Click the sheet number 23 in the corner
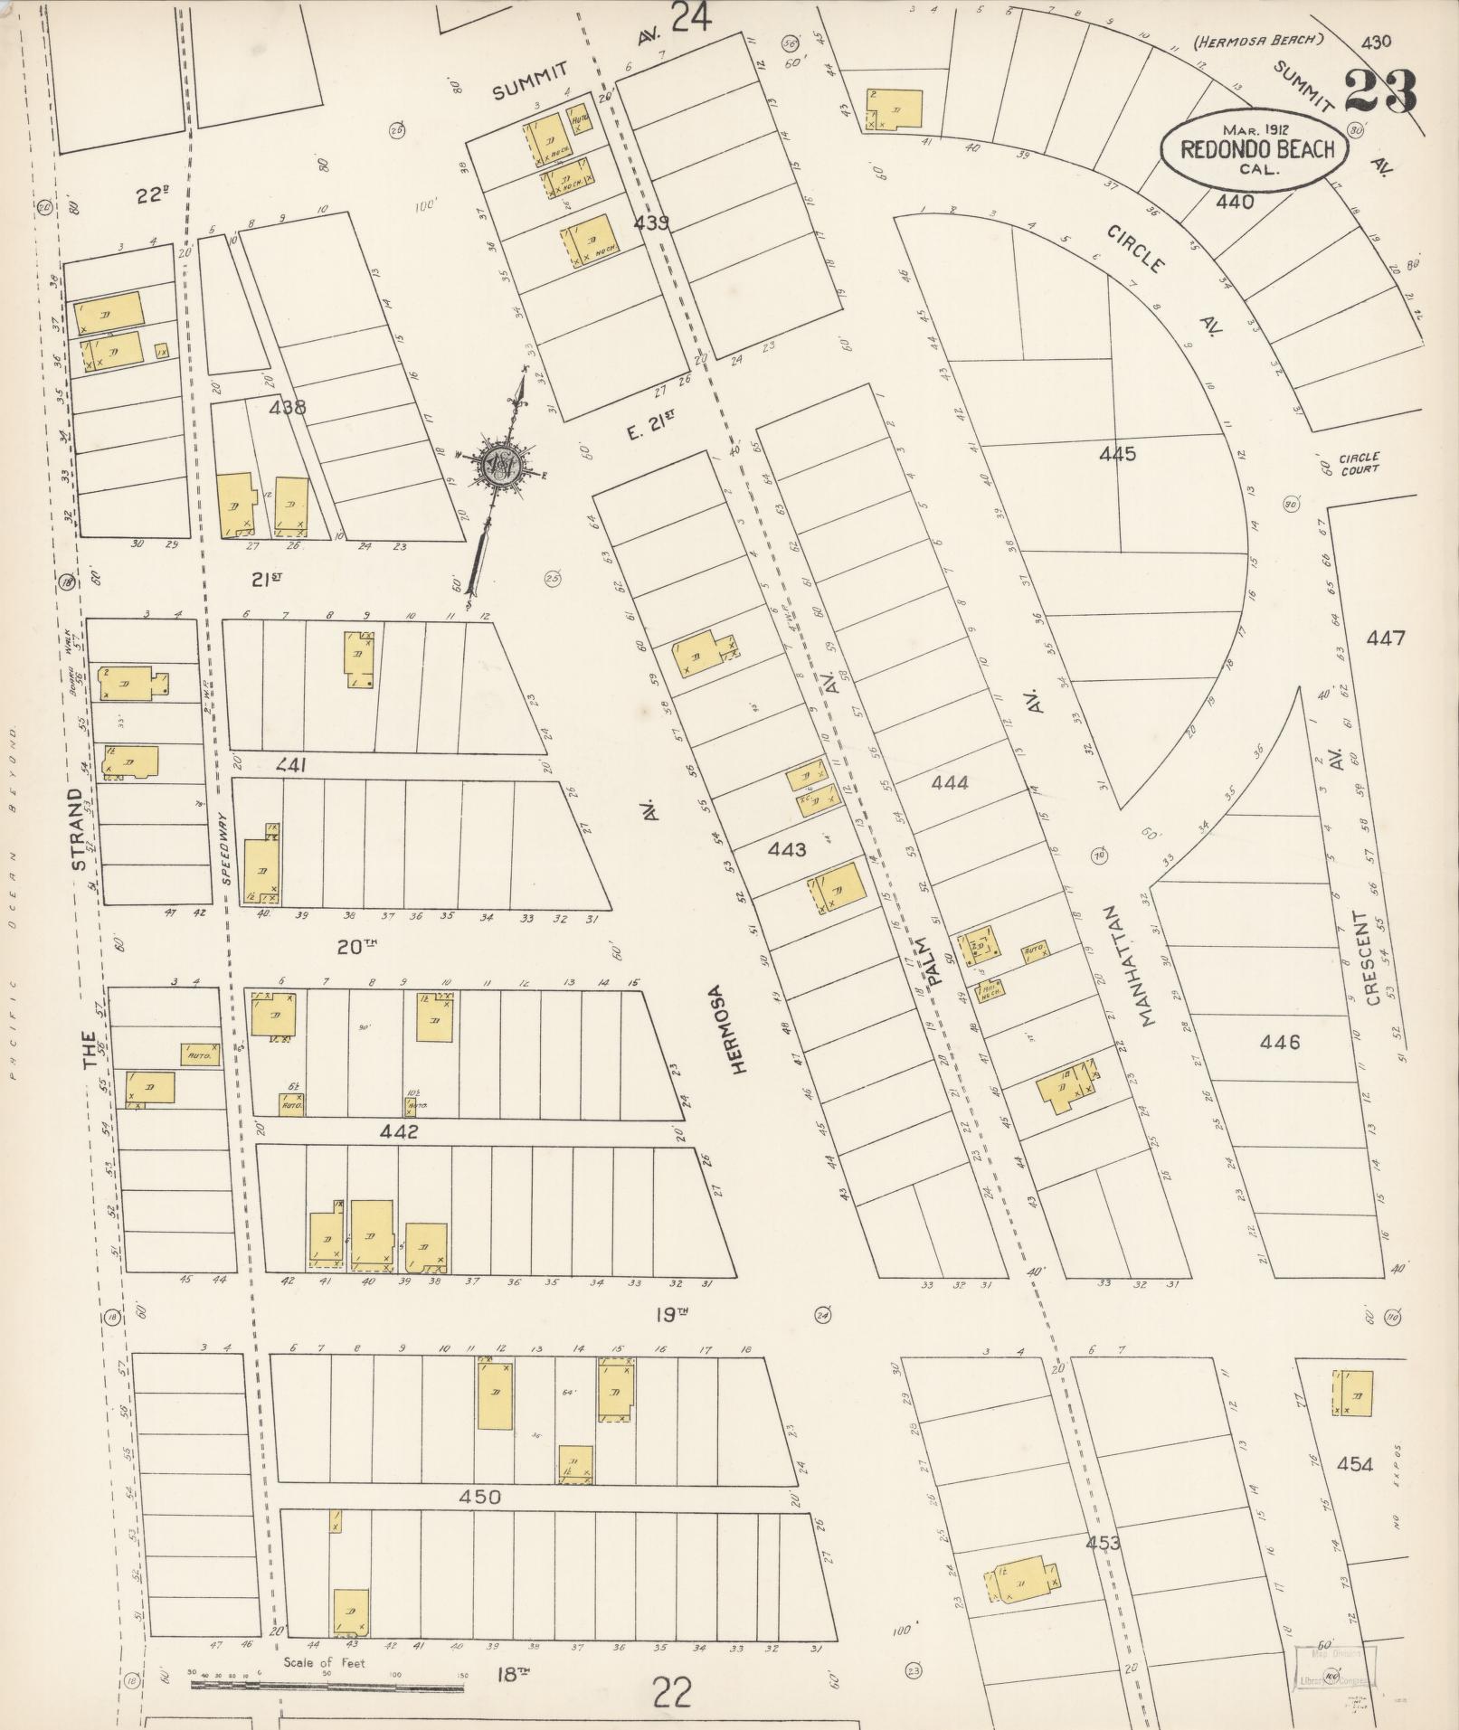(1378, 91)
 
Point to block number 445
(1117, 454)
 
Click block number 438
(288, 407)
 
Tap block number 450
(479, 1497)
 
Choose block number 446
(1280, 1043)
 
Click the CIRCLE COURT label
(1359, 463)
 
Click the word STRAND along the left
(79, 830)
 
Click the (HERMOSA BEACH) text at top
(1258, 40)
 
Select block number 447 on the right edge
(1385, 638)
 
